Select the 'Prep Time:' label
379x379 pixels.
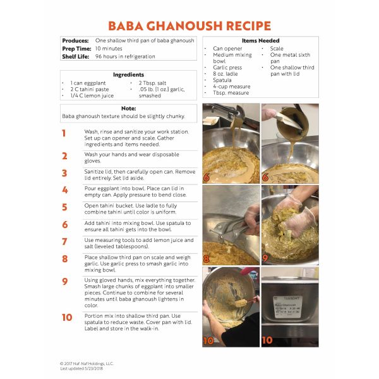(x=76, y=49)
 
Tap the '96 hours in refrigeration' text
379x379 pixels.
(x=125, y=57)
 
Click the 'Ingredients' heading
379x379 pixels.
(x=128, y=75)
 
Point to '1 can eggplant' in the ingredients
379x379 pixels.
(x=88, y=83)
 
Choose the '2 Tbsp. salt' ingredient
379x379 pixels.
(x=152, y=83)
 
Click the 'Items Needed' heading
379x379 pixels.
(x=260, y=40)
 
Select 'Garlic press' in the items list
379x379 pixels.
(x=227, y=68)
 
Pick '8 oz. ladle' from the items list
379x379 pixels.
(x=226, y=74)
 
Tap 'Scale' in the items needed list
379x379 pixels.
(x=277, y=49)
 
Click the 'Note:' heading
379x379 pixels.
(x=129, y=109)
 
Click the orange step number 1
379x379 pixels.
(x=64, y=133)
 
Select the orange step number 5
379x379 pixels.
(x=64, y=207)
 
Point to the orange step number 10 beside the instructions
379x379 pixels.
(x=67, y=317)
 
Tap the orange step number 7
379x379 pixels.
(x=64, y=241)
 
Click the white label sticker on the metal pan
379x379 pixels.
(x=287, y=306)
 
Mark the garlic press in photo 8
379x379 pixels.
(x=232, y=230)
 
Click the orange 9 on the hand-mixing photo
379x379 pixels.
(x=265, y=258)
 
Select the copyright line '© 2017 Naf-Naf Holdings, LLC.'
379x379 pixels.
(x=87, y=364)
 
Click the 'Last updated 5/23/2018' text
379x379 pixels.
(x=81, y=369)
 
